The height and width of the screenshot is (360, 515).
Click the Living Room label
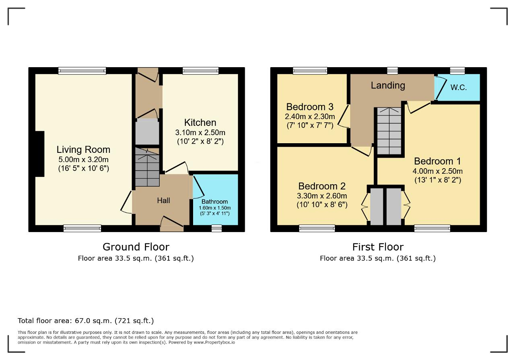[x=83, y=150]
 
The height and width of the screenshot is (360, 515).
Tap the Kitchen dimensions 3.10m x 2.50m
[x=200, y=133]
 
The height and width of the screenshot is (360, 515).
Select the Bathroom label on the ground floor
[x=214, y=202]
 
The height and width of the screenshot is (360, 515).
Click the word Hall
[x=163, y=200]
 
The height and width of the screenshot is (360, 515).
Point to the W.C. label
[x=458, y=88]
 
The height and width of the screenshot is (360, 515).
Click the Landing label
[x=388, y=86]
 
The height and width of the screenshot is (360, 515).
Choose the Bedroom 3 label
[x=310, y=107]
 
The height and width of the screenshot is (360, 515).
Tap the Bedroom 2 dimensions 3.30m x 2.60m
[x=322, y=196]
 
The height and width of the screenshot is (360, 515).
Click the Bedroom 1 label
[x=437, y=161]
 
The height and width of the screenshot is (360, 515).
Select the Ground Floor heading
[x=136, y=247]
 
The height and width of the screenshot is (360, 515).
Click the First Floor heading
[x=378, y=247]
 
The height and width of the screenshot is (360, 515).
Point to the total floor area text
[x=86, y=321]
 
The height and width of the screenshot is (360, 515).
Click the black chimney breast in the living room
[x=39, y=154]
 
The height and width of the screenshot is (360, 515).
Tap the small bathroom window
[x=216, y=228]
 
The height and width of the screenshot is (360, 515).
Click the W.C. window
[x=457, y=71]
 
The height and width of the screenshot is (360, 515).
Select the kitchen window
[x=200, y=71]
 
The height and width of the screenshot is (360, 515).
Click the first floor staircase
[x=389, y=131]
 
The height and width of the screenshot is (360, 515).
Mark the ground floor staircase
[x=147, y=167]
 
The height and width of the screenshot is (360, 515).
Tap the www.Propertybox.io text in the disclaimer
[x=214, y=342]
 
